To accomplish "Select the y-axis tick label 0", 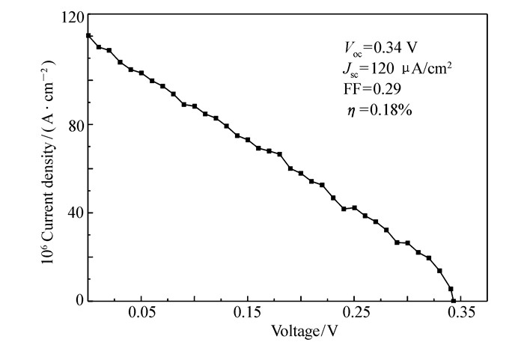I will pos(79,301).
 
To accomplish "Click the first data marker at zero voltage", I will pos(88,35).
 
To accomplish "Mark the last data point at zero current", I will pos(454,301).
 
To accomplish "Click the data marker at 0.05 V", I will pos(141,73).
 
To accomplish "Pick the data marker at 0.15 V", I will pos(248,140).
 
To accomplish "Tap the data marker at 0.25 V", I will pos(354,208).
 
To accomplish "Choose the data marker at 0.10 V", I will pos(195,106).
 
